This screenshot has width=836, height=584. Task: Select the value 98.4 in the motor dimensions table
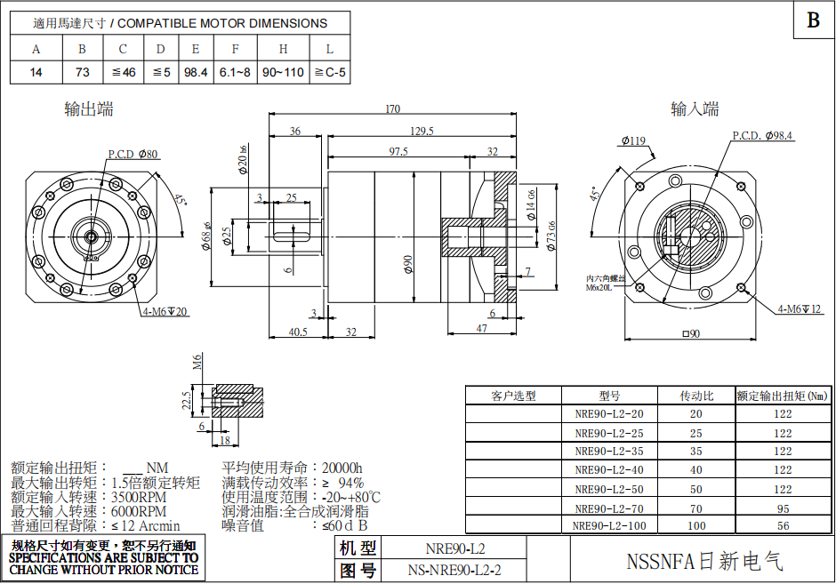(195, 73)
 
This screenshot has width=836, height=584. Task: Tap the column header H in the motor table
(283, 49)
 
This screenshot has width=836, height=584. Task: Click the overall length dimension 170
(391, 109)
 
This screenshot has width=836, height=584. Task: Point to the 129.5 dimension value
(422, 132)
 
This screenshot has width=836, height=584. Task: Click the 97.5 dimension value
(397, 152)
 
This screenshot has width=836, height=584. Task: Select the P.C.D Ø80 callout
(133, 155)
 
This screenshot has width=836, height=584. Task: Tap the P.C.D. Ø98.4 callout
(762, 136)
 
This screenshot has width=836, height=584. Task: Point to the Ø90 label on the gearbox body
(408, 264)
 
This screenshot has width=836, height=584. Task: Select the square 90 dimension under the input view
(691, 334)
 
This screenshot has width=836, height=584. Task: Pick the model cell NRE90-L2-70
(608, 508)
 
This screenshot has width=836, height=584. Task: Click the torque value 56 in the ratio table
(782, 525)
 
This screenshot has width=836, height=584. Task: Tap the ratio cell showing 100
(695, 525)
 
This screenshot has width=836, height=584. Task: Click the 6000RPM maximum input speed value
(139, 511)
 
